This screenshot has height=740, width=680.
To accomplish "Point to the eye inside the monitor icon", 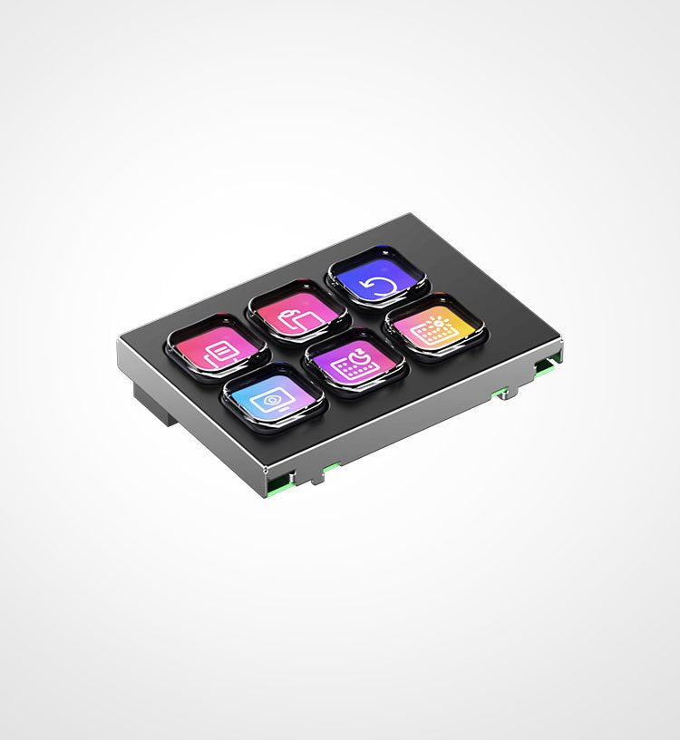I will coord(271,399).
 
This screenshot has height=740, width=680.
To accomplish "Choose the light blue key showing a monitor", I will coord(274,398).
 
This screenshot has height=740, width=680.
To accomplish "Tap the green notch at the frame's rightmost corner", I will coord(546,364).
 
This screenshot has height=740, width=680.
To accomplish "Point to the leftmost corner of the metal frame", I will coord(119,342).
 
